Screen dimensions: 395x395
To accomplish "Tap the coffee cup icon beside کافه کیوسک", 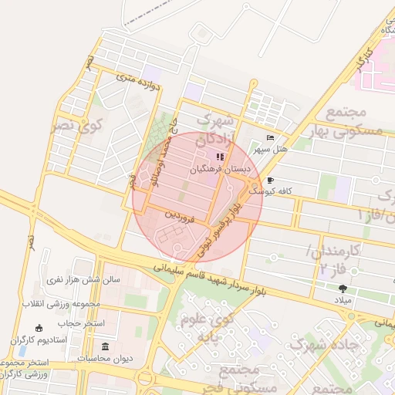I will pyautogui.click(x=270, y=179).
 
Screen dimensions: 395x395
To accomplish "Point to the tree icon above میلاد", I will pyautogui.click(x=343, y=289).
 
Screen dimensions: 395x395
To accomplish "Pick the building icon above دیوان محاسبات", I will pyautogui.click(x=106, y=346).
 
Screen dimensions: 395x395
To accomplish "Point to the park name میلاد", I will pyautogui.click(x=343, y=299).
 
